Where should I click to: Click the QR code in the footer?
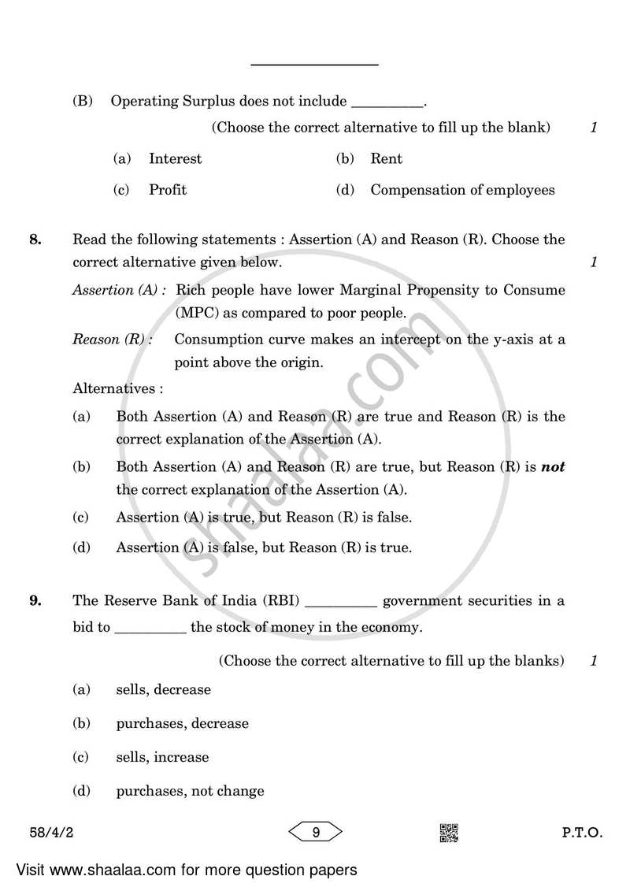pos(448,832)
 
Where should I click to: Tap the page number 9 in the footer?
pos(314,832)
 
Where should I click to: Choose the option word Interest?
pos(175,158)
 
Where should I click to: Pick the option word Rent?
pos(386,158)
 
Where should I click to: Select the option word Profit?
pos(168,190)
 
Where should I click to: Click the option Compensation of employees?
pos(462,190)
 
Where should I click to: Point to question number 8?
pos(35,239)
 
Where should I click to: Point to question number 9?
pos(35,601)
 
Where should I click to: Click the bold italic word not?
pos(554,466)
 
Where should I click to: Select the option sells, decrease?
pos(164,689)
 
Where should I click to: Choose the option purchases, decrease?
pos(182,723)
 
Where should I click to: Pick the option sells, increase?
pos(162,757)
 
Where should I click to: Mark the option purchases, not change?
pos(190,791)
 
